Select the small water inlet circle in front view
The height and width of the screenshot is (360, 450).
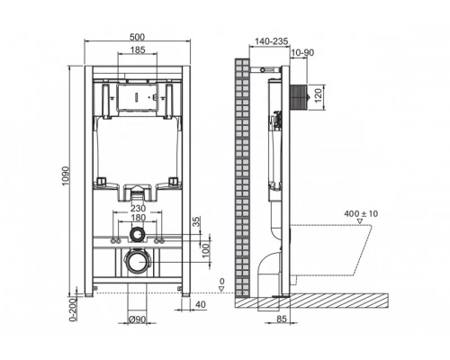click(137, 236)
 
